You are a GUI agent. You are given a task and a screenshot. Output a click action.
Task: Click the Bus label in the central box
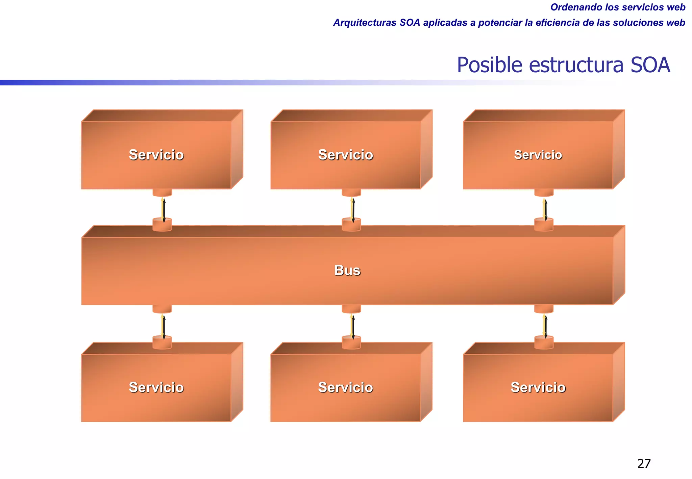pyautogui.click(x=347, y=270)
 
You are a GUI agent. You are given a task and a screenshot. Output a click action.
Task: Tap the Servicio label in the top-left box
pyautogui.click(x=156, y=155)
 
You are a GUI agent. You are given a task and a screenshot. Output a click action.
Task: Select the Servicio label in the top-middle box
pyautogui.click(x=346, y=155)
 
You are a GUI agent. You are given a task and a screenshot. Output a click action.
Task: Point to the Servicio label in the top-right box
pyautogui.click(x=538, y=155)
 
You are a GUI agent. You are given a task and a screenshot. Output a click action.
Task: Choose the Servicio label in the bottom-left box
pyautogui.click(x=156, y=387)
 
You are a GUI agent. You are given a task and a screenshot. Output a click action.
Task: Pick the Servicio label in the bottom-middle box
pyautogui.click(x=346, y=387)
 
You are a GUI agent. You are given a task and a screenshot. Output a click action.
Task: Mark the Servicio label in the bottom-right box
pyautogui.click(x=538, y=387)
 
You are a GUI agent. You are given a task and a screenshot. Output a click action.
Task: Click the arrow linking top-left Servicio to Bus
pyautogui.click(x=163, y=210)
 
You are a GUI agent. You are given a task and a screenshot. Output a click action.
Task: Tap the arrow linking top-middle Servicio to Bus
pyautogui.click(x=352, y=210)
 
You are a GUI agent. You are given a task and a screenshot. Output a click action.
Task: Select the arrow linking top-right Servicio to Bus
pyautogui.click(x=545, y=210)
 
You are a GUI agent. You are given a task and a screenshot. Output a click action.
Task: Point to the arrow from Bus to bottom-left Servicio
pyautogui.click(x=163, y=326)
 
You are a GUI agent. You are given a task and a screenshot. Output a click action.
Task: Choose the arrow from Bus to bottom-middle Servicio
pyautogui.click(x=352, y=326)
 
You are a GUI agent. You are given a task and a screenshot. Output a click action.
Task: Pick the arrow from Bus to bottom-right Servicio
pyautogui.click(x=545, y=326)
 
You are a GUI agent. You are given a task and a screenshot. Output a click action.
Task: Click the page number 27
pyautogui.click(x=644, y=464)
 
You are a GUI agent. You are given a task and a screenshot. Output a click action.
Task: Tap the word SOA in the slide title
pyautogui.click(x=650, y=65)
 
